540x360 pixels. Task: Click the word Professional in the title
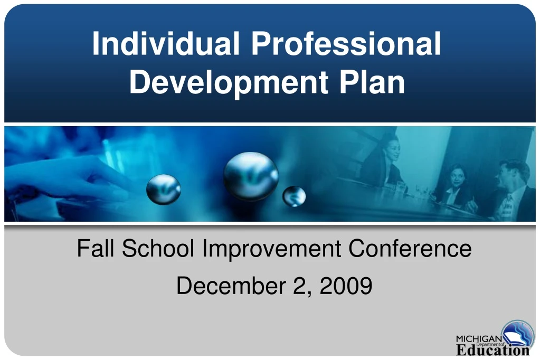pyautogui.click(x=346, y=44)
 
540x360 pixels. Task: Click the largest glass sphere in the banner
pyautogui.click(x=251, y=176)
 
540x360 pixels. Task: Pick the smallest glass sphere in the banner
pyautogui.click(x=294, y=196)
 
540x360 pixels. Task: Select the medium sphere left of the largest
pyautogui.click(x=163, y=189)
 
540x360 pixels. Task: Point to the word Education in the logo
pyautogui.click(x=492, y=350)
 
